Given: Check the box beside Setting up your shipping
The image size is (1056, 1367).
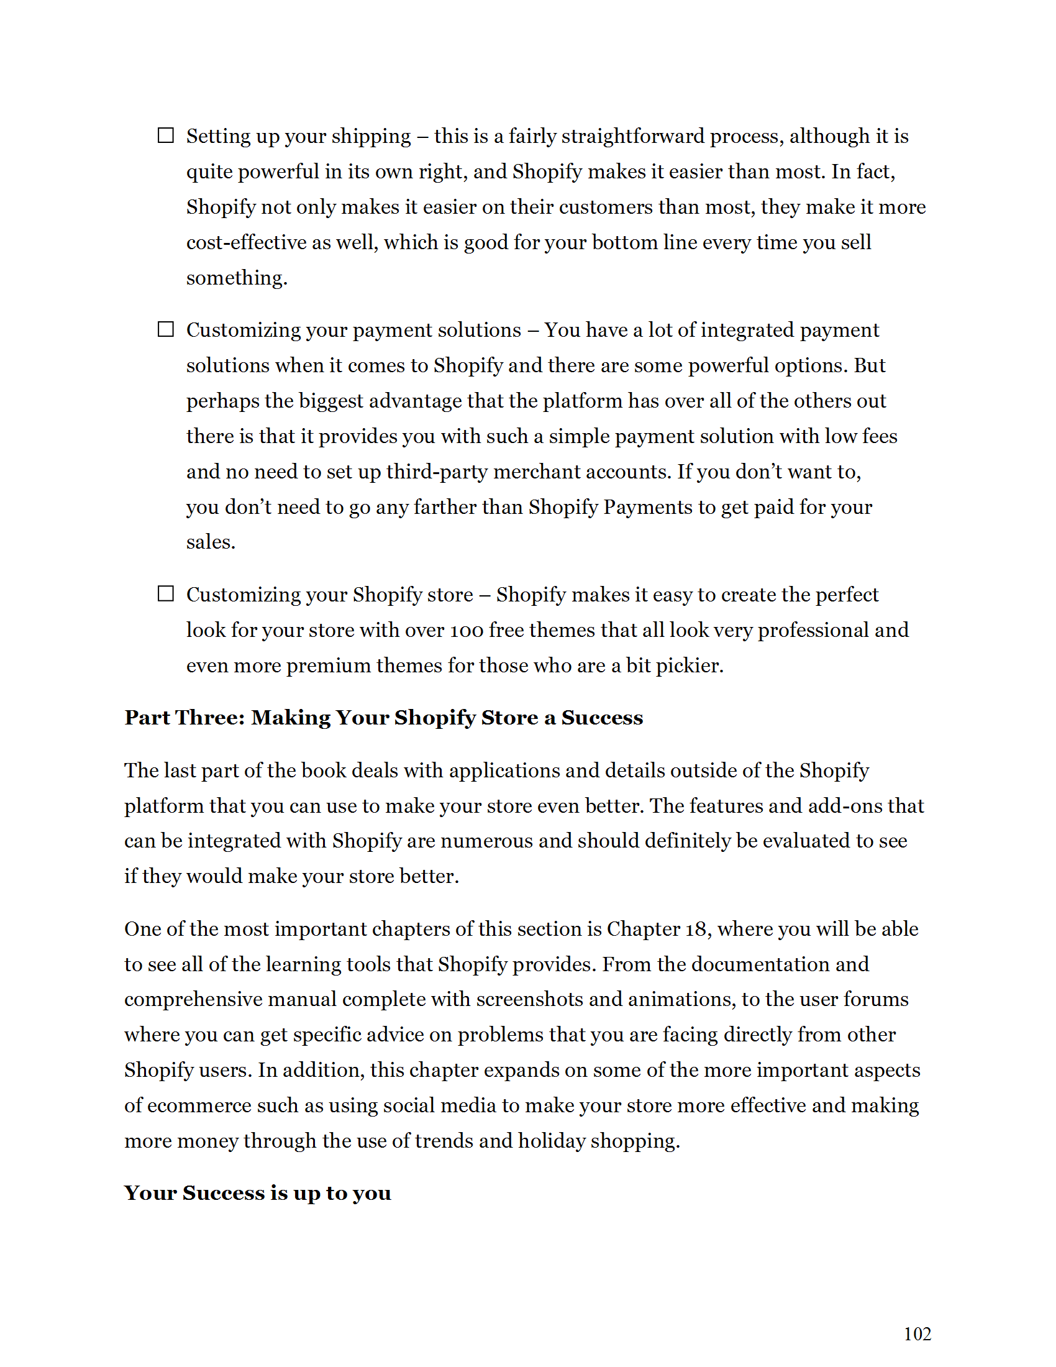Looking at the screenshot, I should [165, 135].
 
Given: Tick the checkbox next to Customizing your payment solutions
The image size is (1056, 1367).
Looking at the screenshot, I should [165, 329].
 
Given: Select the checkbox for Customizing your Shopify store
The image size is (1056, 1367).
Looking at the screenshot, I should [165, 593].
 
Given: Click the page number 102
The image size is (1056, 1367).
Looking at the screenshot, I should [917, 1334].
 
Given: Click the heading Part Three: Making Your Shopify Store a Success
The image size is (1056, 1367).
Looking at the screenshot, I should [383, 717].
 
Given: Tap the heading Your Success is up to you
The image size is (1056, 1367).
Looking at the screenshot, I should [257, 1193].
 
